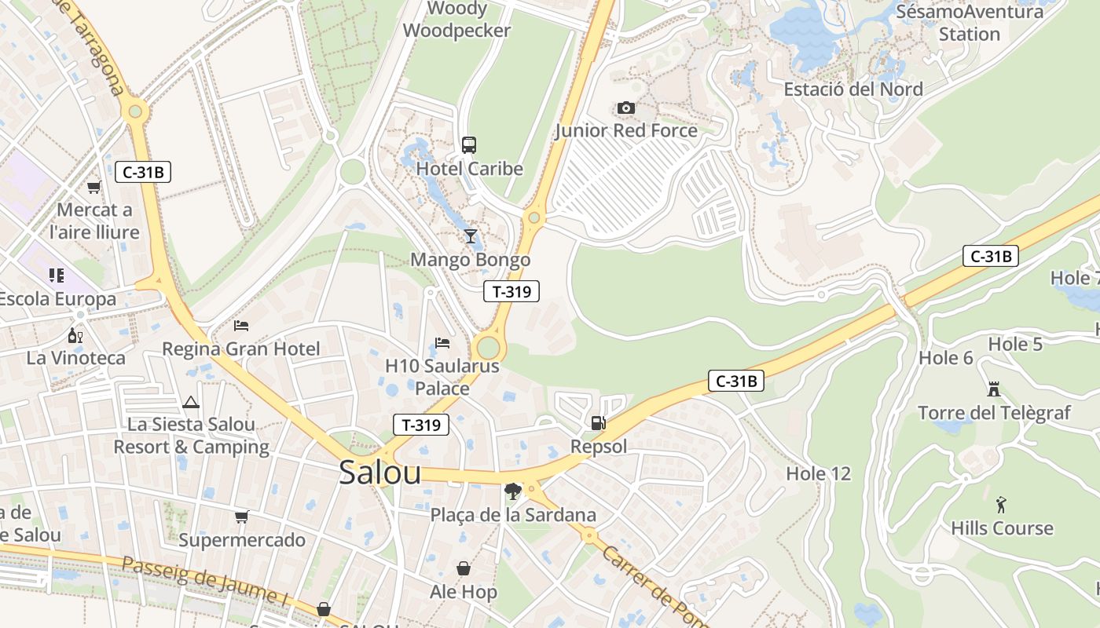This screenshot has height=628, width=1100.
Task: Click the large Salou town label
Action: (379, 473)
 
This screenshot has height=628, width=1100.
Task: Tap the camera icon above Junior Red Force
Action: (626, 108)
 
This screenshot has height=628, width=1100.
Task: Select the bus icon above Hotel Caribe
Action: (469, 144)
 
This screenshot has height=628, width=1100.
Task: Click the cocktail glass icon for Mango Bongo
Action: (471, 235)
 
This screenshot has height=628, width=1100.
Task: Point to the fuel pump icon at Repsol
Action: (599, 423)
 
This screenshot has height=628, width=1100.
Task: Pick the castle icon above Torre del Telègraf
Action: (994, 389)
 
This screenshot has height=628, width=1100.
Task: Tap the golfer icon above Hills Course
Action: (1001, 504)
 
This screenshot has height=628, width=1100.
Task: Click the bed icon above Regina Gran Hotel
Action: (241, 325)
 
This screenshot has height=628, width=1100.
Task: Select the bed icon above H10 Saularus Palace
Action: (442, 343)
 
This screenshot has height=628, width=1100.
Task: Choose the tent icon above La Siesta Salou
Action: (191, 403)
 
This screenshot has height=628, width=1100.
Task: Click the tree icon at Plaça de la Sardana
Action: (513, 491)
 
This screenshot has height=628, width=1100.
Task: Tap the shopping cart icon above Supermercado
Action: (242, 517)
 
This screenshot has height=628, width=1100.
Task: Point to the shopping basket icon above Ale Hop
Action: (464, 568)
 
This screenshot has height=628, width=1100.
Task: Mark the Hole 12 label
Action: (818, 473)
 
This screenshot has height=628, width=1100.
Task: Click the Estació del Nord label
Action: (853, 89)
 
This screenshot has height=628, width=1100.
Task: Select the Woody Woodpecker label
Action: (456, 20)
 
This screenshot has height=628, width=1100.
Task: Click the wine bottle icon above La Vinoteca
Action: (75, 335)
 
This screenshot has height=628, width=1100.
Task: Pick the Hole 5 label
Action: (1014, 344)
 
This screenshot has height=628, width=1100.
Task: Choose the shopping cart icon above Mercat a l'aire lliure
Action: (94, 187)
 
